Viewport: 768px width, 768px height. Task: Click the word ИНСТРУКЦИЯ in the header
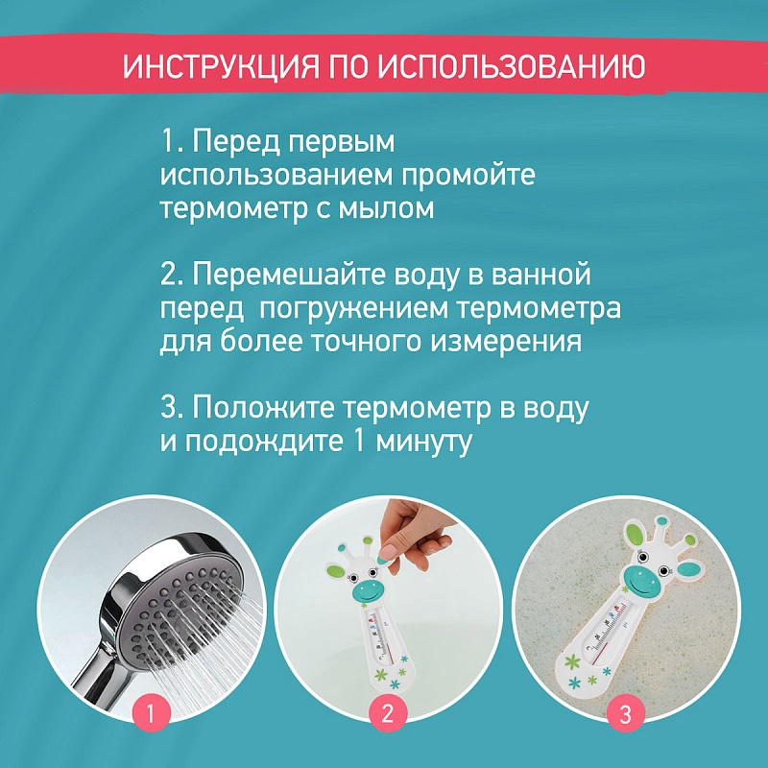click(x=221, y=66)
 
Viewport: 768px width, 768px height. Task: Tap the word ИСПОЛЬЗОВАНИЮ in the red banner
click(x=512, y=66)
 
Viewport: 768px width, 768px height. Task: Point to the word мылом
click(x=386, y=208)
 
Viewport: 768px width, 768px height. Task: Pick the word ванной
click(x=540, y=275)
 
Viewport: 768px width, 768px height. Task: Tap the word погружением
click(x=353, y=309)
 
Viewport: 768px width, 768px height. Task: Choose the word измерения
click(x=506, y=342)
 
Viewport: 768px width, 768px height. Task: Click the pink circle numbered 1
click(x=151, y=713)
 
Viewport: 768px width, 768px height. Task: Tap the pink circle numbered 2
click(x=388, y=713)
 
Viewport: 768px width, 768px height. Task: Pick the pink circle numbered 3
click(x=626, y=714)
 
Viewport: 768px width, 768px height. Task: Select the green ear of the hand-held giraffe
click(x=335, y=570)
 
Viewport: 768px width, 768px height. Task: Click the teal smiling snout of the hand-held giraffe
click(x=369, y=591)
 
